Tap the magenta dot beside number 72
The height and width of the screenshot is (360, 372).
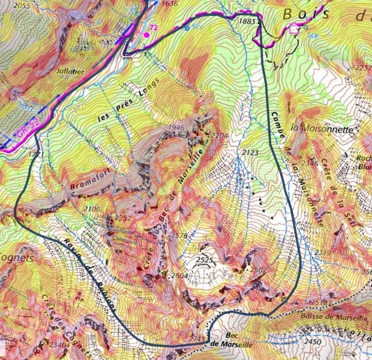tap(147, 34)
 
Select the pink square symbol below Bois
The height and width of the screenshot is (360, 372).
tap(294, 29)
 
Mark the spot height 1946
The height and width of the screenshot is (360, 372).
tap(176, 127)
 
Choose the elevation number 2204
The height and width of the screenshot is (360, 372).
tap(215, 135)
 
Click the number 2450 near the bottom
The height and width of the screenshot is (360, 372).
tap(313, 341)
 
